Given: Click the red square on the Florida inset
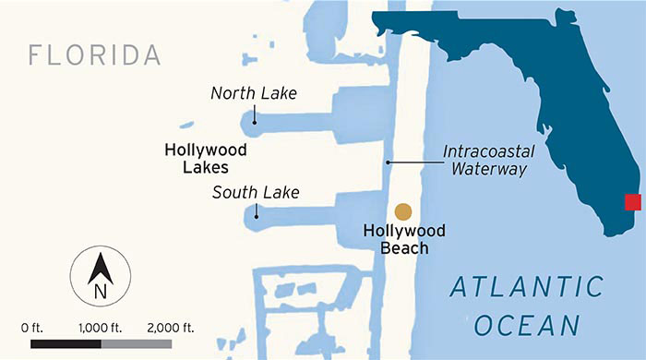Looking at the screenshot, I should (x=632, y=202).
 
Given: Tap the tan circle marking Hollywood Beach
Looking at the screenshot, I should (x=402, y=211).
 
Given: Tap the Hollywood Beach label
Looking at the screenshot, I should (x=403, y=238).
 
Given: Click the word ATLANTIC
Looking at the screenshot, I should (x=527, y=287).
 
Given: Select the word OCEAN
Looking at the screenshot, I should (x=527, y=326).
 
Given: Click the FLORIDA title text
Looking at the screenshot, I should (x=96, y=54).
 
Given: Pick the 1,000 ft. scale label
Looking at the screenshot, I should (x=102, y=327).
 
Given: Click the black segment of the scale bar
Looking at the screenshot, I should (x=66, y=343).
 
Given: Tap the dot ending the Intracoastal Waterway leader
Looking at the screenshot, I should (x=389, y=162).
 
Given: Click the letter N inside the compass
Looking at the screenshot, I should (x=101, y=293).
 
